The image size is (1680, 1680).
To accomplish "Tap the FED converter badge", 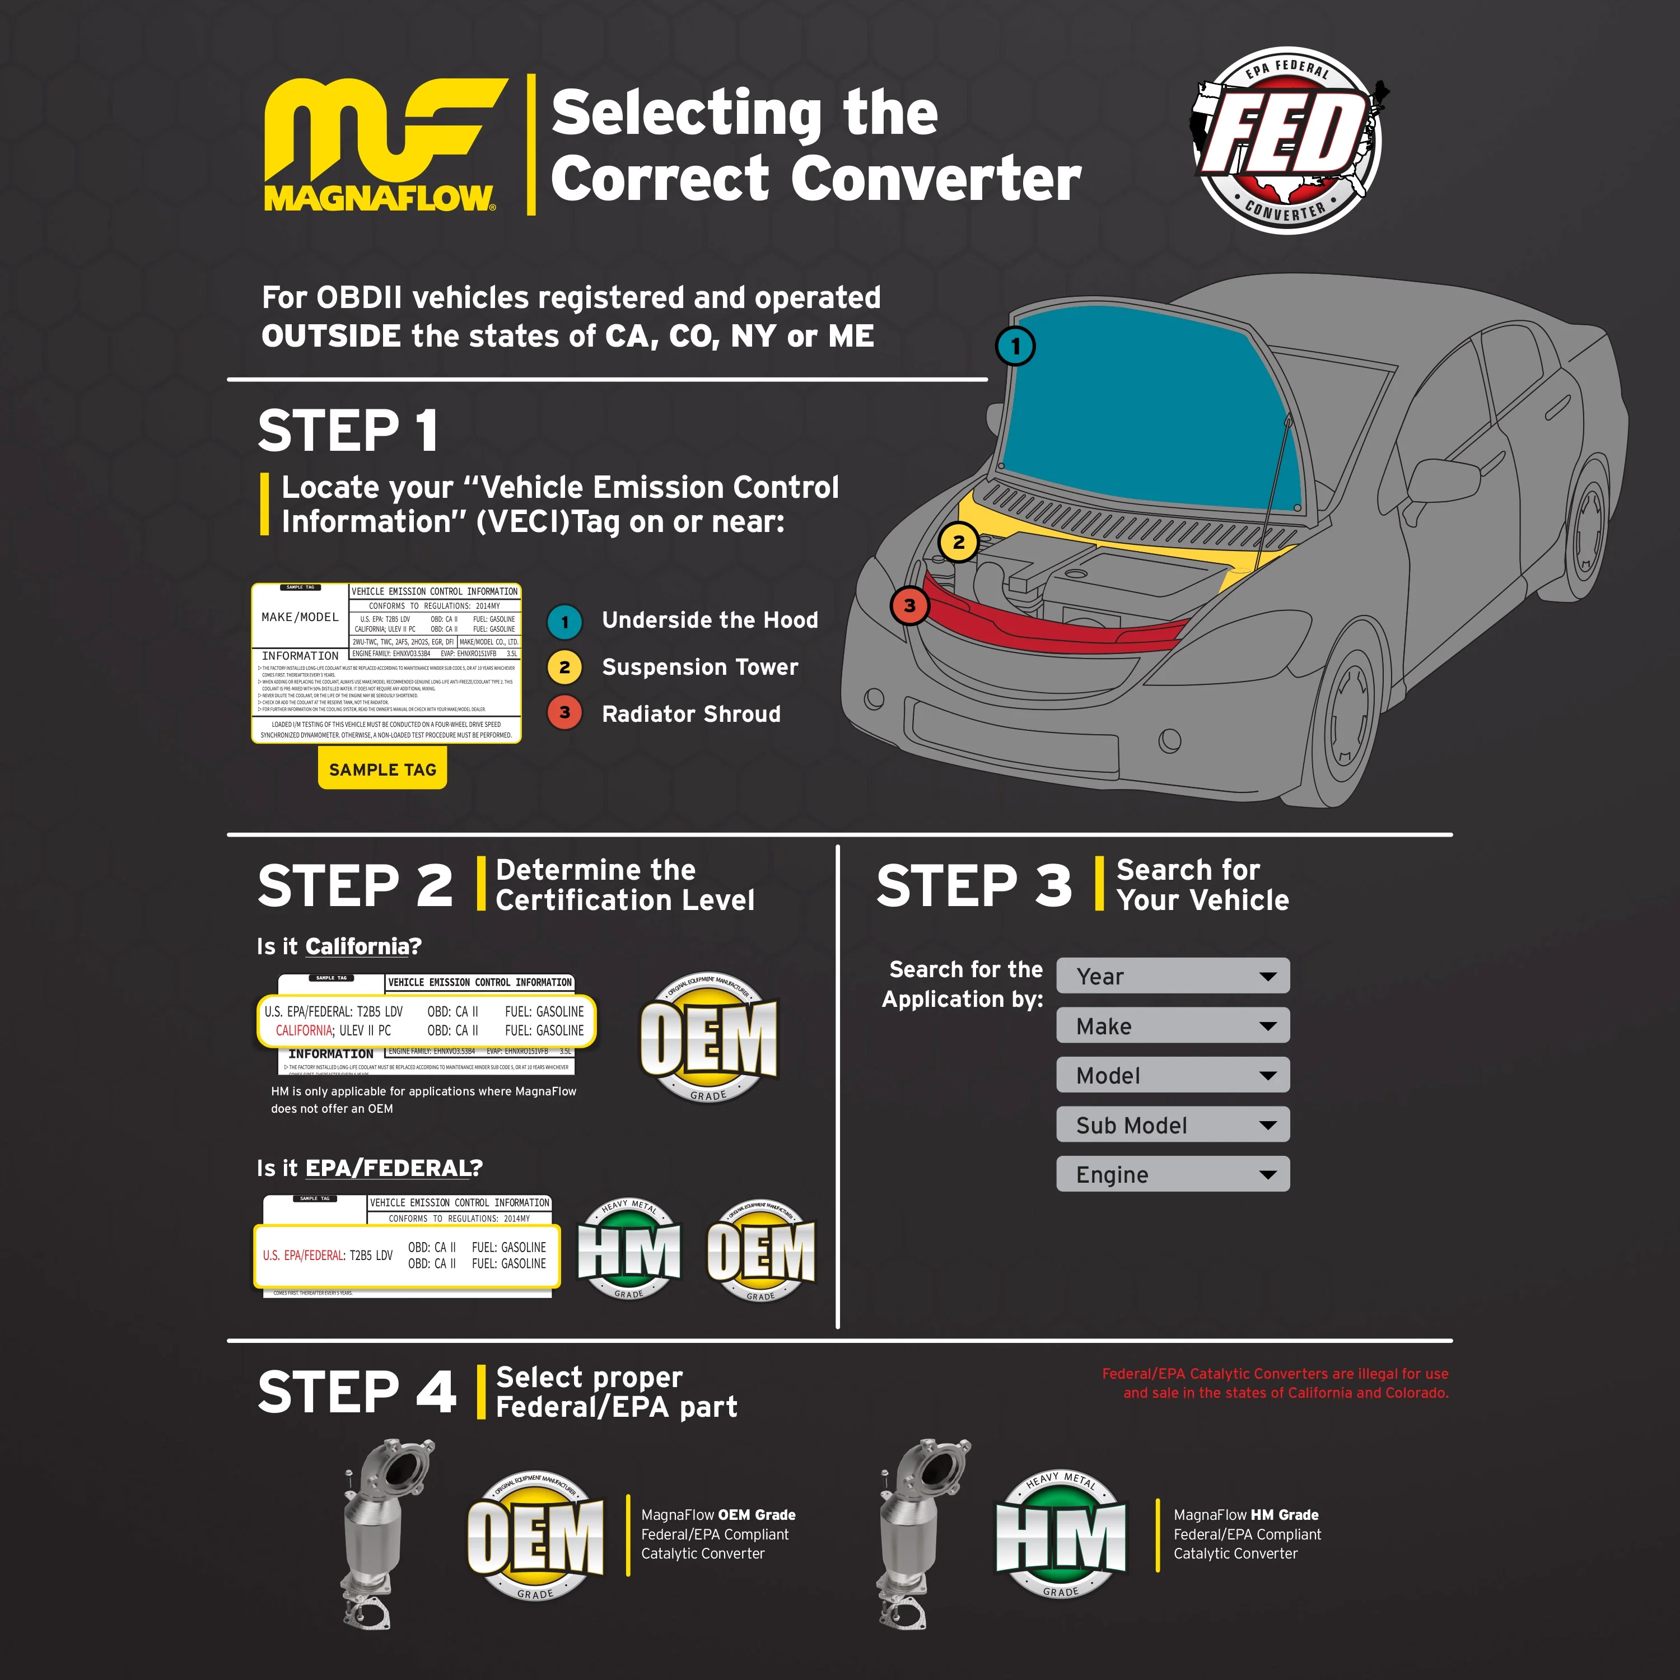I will coord(1287,141).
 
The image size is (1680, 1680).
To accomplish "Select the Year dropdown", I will coord(1172,976).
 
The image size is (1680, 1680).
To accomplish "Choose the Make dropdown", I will coord(1172,1025).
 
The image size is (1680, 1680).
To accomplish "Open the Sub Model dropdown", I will coord(1172,1124).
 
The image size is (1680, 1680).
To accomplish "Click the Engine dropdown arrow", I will coord(1268,1175).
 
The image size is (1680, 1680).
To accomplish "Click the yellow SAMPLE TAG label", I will coord(382,769).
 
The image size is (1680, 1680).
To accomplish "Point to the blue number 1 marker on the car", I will coord(1015,346).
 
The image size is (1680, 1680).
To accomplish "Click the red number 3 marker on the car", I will coord(909,605).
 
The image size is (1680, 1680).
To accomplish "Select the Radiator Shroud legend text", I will coord(690,714).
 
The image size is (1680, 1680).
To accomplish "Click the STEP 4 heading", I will coord(357,1391).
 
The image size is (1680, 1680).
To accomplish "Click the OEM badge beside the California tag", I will coord(709,1037).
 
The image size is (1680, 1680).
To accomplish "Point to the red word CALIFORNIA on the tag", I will coord(304,1030).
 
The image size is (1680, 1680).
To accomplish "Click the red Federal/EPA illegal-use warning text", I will coord(1275,1383).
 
